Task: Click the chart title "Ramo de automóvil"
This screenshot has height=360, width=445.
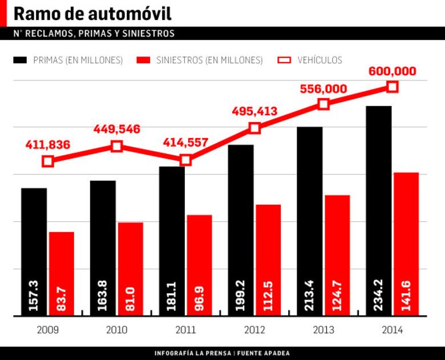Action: pyautogui.click(x=92, y=14)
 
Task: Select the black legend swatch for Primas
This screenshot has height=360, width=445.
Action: pyautogui.click(x=21, y=60)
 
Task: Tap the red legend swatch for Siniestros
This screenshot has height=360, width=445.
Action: pyautogui.click(x=144, y=60)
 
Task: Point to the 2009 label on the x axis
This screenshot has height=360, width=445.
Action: pyautogui.click(x=47, y=330)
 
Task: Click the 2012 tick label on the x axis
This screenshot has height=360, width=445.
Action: pyautogui.click(x=254, y=330)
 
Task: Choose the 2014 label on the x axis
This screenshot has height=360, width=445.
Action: pyautogui.click(x=392, y=330)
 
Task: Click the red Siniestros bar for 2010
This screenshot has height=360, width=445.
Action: pyautogui.click(x=130, y=268)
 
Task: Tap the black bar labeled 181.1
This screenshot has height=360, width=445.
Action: pyautogui.click(x=172, y=240)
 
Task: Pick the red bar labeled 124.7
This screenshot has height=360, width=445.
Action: pyautogui.click(x=337, y=254)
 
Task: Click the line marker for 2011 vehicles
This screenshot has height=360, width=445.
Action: pyautogui.click(x=185, y=160)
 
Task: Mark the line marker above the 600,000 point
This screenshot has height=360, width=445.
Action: pyautogui.click(x=392, y=87)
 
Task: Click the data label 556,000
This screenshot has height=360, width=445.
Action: pyautogui.click(x=323, y=89)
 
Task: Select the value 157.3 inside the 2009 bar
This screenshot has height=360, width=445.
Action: pyautogui.click(x=34, y=296)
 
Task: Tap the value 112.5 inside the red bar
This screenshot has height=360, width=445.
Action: pyautogui.click(x=268, y=296)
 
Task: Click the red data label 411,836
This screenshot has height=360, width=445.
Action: pyautogui.click(x=47, y=145)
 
